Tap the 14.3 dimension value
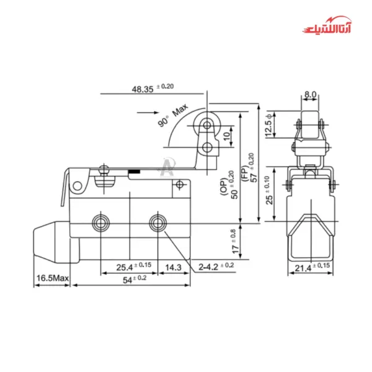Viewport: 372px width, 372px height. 174,268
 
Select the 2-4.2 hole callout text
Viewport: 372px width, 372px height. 216,266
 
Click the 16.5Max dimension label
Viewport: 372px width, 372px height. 52,279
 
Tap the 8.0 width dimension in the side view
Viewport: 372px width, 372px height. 310,95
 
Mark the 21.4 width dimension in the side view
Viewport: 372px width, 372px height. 310,266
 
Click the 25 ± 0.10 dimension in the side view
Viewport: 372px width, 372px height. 268,192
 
